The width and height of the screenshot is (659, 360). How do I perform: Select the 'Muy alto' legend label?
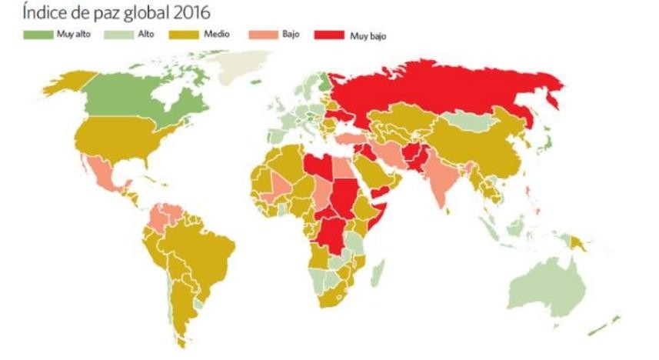[x=69, y=35]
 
